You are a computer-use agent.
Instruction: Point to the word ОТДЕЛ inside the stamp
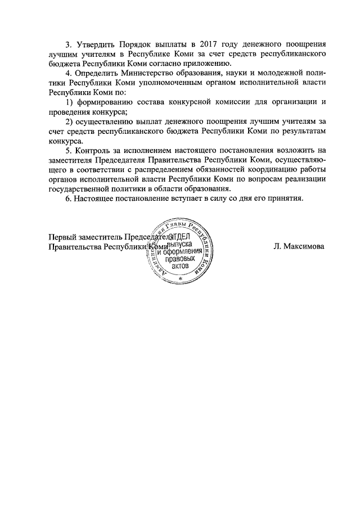pyautogui.click(x=180, y=240)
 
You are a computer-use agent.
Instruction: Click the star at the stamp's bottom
pyautogui.click(x=180, y=278)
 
